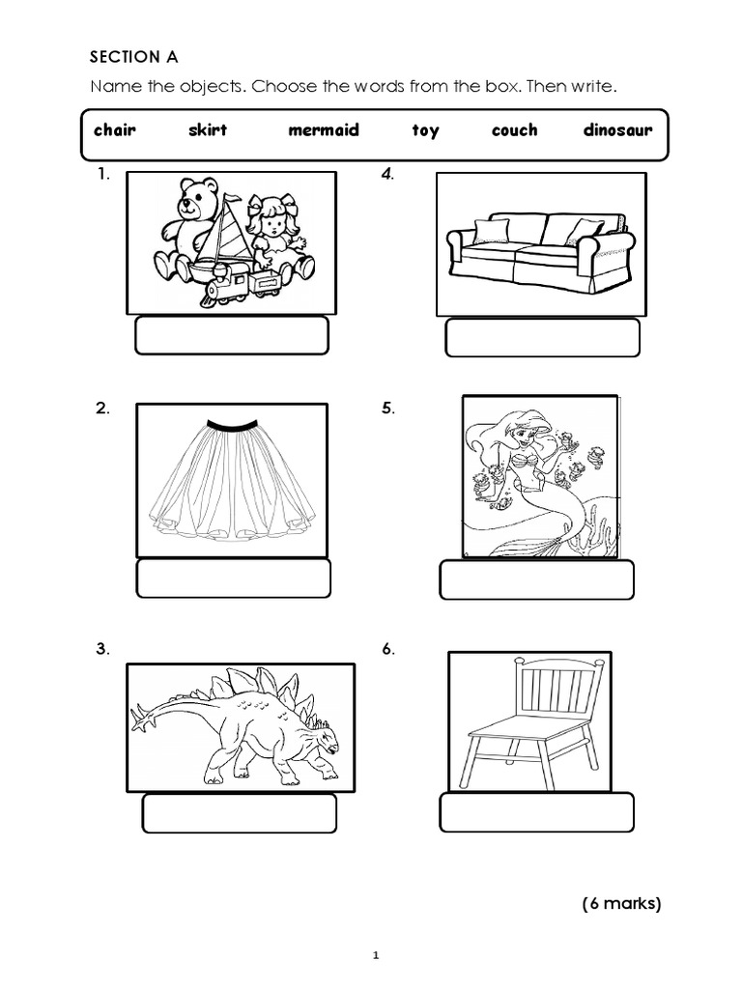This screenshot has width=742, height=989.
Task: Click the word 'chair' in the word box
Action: coord(115,130)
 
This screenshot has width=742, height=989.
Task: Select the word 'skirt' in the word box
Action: coord(208,130)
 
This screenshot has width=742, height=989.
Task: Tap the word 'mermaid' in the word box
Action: coord(323,130)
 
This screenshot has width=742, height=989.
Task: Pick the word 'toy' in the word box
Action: coord(425,131)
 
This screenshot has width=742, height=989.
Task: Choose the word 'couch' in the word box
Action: coord(514,130)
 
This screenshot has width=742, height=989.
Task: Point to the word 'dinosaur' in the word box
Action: coord(617,130)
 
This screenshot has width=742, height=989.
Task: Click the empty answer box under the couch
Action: coord(542,338)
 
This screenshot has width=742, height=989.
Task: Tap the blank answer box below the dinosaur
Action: coord(239,813)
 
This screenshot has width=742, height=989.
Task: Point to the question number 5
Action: coord(387,409)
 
